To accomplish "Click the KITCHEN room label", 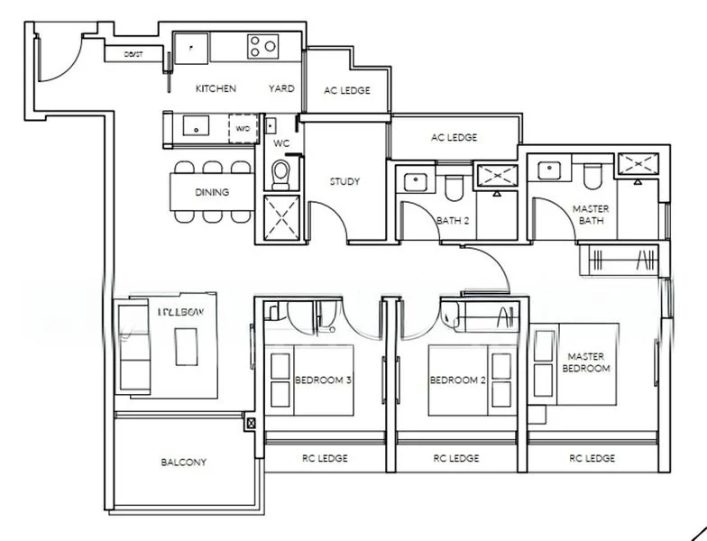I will pyautogui.click(x=216, y=88).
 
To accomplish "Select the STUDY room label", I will pyautogui.click(x=344, y=181).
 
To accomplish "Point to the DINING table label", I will pyautogui.click(x=212, y=192).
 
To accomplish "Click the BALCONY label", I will pyautogui.click(x=184, y=463).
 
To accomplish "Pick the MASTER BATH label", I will pyautogui.click(x=591, y=215).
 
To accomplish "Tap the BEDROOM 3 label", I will pyautogui.click(x=323, y=381).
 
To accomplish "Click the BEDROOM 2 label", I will pyautogui.click(x=457, y=381).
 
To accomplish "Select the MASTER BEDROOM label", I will pyautogui.click(x=586, y=362).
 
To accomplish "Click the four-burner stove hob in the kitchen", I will pyautogui.click(x=263, y=46).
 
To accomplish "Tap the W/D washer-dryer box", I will pyautogui.click(x=242, y=129).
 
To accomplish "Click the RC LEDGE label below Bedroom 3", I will pyautogui.click(x=326, y=458).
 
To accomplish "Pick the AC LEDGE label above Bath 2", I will pyautogui.click(x=454, y=138).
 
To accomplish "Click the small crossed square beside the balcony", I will pyautogui.click(x=251, y=422).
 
